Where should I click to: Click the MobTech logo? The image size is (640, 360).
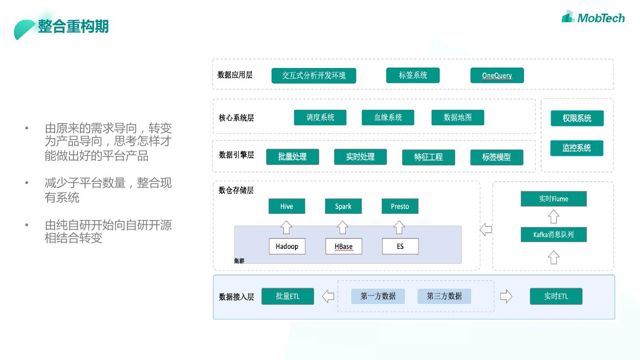[x=593, y=17]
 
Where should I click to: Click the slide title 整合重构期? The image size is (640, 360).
[x=73, y=27]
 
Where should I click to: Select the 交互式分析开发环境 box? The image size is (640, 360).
[x=314, y=76]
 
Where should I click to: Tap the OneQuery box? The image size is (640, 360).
[x=497, y=76]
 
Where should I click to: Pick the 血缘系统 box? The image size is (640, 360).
[x=388, y=118]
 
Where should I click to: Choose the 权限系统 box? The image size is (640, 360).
[x=577, y=118]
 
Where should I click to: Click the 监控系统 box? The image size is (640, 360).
[x=576, y=148]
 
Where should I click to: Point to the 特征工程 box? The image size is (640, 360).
[x=428, y=157]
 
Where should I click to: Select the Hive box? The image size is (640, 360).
[x=287, y=206]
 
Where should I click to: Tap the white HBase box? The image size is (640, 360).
[x=344, y=247]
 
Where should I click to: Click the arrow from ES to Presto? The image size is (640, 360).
[x=399, y=227]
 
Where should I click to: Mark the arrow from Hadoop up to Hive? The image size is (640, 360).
[x=286, y=227]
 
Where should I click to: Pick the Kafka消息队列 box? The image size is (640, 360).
[x=553, y=235]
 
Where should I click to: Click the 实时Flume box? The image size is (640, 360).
[x=553, y=199]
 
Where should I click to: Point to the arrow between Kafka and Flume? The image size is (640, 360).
[x=553, y=217]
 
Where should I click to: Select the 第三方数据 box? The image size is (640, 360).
[x=444, y=296]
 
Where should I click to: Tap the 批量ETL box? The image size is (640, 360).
[x=288, y=296]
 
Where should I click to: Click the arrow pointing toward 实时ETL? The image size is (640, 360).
[x=506, y=296]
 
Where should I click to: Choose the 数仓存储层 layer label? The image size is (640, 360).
[x=236, y=191]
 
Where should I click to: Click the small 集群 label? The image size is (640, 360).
[x=239, y=261]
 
